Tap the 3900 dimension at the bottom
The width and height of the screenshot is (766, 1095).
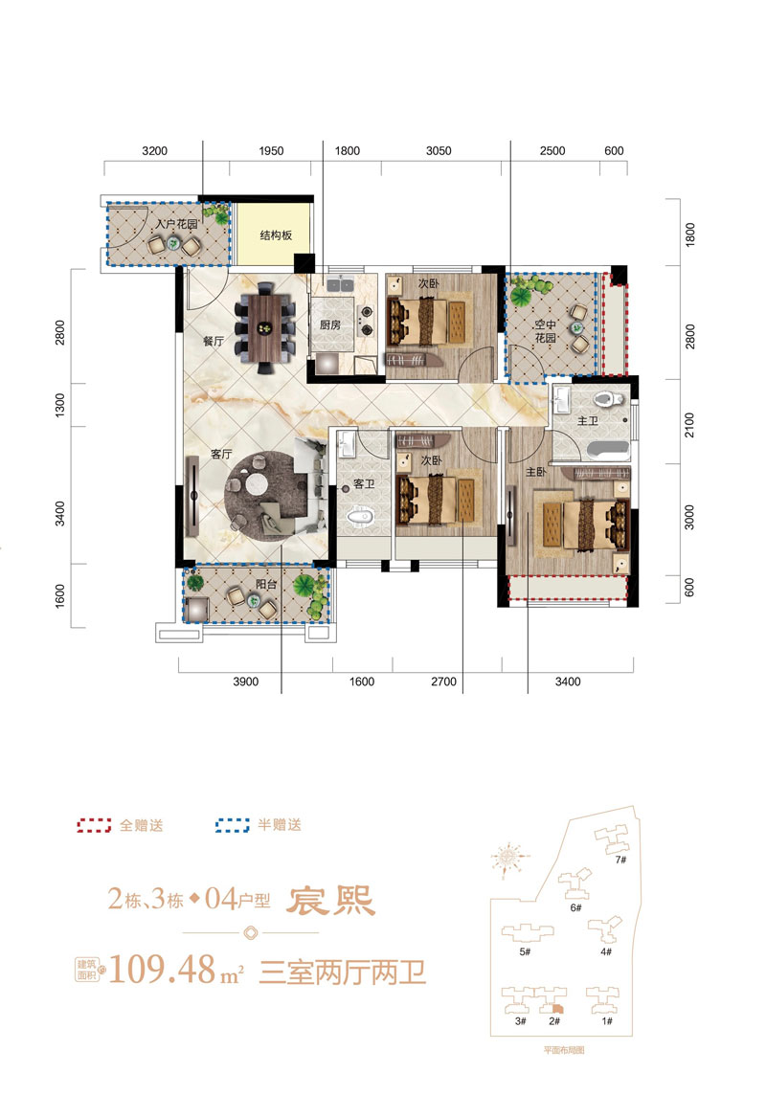pos(246,682)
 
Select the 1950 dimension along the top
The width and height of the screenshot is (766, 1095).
pos(271,151)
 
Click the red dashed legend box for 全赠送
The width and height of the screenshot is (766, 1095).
pos(94,825)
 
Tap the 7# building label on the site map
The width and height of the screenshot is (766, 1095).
pos(620,860)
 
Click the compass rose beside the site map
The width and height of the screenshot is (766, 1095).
pos(509,856)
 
